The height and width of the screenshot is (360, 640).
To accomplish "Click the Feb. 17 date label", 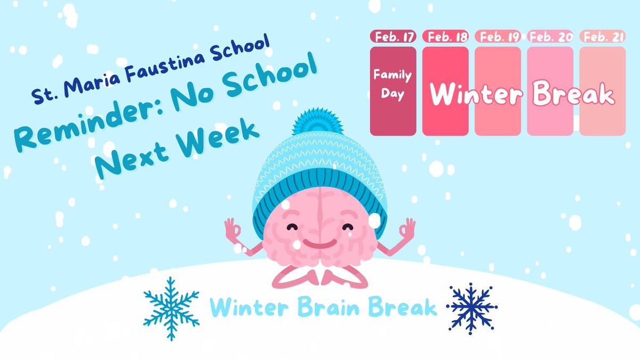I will (393, 37).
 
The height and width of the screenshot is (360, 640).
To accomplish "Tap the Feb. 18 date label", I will (445, 37).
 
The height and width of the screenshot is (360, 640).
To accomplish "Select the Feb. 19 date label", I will (498, 37).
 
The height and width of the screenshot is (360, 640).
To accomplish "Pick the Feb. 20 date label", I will (550, 37).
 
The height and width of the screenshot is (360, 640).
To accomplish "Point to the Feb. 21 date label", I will (602, 37).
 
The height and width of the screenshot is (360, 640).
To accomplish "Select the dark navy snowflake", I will (471, 308).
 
